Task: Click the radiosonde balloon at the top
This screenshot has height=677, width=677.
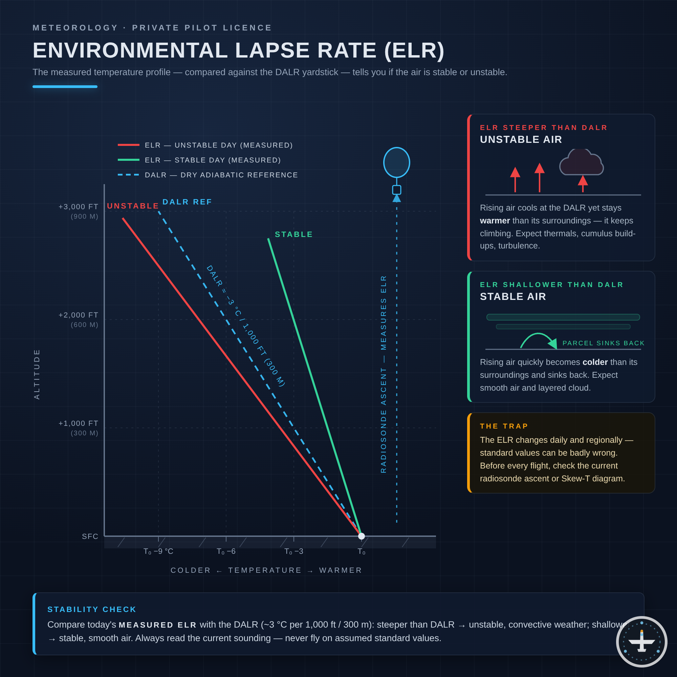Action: coord(397,162)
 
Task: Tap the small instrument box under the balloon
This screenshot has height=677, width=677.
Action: coord(397,190)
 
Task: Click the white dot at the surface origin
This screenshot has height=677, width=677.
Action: coord(362,536)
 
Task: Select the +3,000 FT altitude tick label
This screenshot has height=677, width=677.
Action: coord(79,207)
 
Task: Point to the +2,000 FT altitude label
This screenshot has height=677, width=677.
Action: coord(79,315)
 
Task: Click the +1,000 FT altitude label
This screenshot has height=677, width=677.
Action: coord(79,423)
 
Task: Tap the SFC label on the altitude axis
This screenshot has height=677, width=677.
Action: coord(90,537)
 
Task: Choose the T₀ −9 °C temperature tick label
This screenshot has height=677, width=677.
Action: coord(158,551)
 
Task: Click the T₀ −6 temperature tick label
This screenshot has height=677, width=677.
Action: coord(226,551)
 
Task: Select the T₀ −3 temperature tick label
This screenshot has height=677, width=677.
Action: coord(293,551)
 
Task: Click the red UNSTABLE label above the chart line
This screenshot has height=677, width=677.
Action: coord(133,206)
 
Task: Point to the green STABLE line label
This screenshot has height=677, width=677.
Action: coord(293,235)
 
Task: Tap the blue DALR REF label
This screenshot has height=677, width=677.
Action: coord(187,202)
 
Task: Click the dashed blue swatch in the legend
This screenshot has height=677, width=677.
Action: coord(129,175)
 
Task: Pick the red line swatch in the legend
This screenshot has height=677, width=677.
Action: coord(129,145)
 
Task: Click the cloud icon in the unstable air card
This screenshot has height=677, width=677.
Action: coord(582,162)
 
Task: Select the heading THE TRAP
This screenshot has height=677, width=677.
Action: coord(504,426)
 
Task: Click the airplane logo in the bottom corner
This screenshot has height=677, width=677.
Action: coord(641,641)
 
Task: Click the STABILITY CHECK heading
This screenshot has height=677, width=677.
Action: coord(92,609)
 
